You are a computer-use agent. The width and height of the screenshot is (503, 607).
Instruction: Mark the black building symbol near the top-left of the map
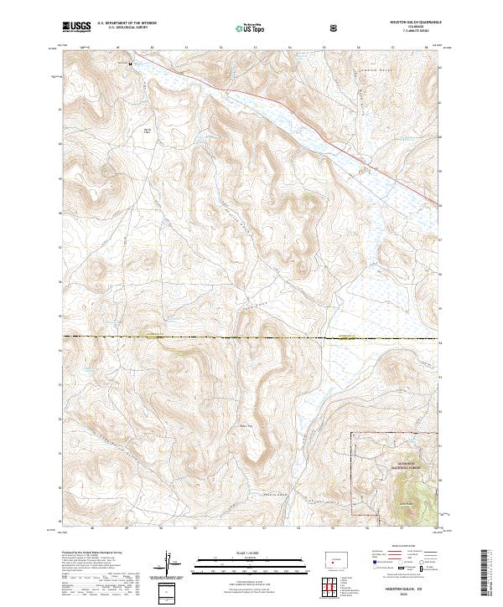(x=130, y=63)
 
